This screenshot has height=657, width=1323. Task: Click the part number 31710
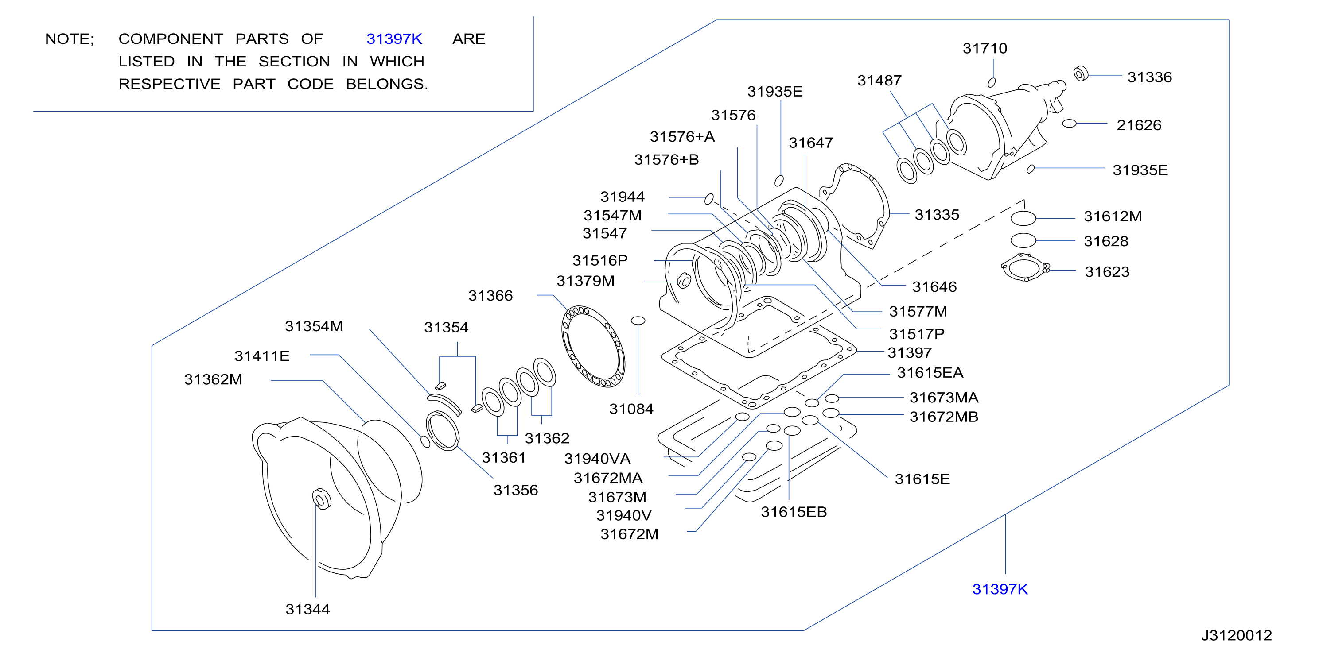[984, 48]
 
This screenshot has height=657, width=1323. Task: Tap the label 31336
[1149, 77]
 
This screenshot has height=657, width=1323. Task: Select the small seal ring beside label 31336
[1081, 74]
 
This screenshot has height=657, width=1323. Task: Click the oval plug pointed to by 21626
[1069, 124]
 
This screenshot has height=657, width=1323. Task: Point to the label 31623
[1107, 272]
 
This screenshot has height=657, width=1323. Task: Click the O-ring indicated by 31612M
[1023, 219]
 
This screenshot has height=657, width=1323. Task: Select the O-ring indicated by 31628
[1023, 241]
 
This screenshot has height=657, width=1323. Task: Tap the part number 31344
[307, 609]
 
